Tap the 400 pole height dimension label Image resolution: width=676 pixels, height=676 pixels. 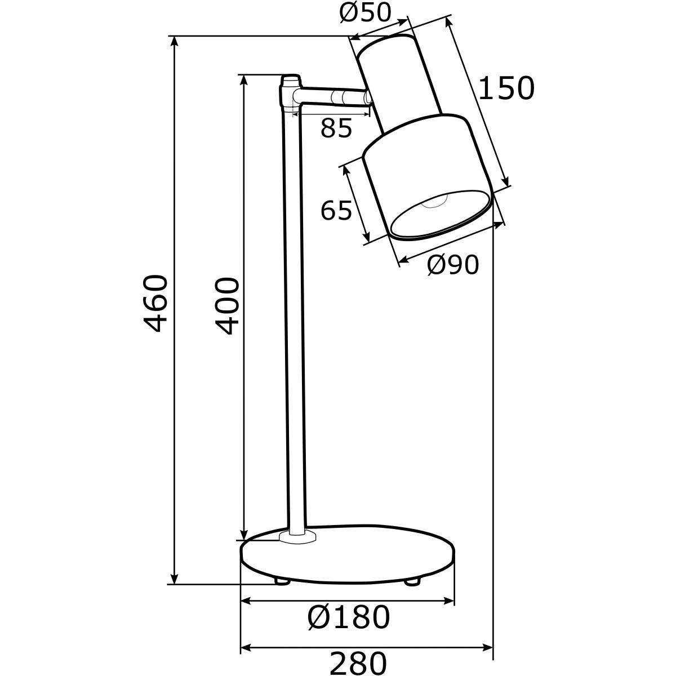pyautogui.click(x=227, y=306)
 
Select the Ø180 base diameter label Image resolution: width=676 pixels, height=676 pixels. pyautogui.click(x=349, y=618)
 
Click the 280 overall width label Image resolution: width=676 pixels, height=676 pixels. pyautogui.click(x=358, y=663)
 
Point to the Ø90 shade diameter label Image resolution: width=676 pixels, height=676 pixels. pyautogui.click(x=452, y=265)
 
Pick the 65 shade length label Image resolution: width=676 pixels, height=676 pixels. pyautogui.click(x=336, y=210)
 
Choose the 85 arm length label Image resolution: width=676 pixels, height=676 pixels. pyautogui.click(x=336, y=128)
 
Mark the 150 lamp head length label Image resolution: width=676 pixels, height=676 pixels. pyautogui.click(x=506, y=88)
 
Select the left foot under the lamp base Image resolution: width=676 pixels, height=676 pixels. pyautogui.click(x=282, y=580)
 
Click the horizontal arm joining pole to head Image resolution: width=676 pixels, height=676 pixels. pyautogui.click(x=332, y=96)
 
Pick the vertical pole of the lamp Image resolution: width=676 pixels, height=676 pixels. pyautogui.click(x=295, y=315)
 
